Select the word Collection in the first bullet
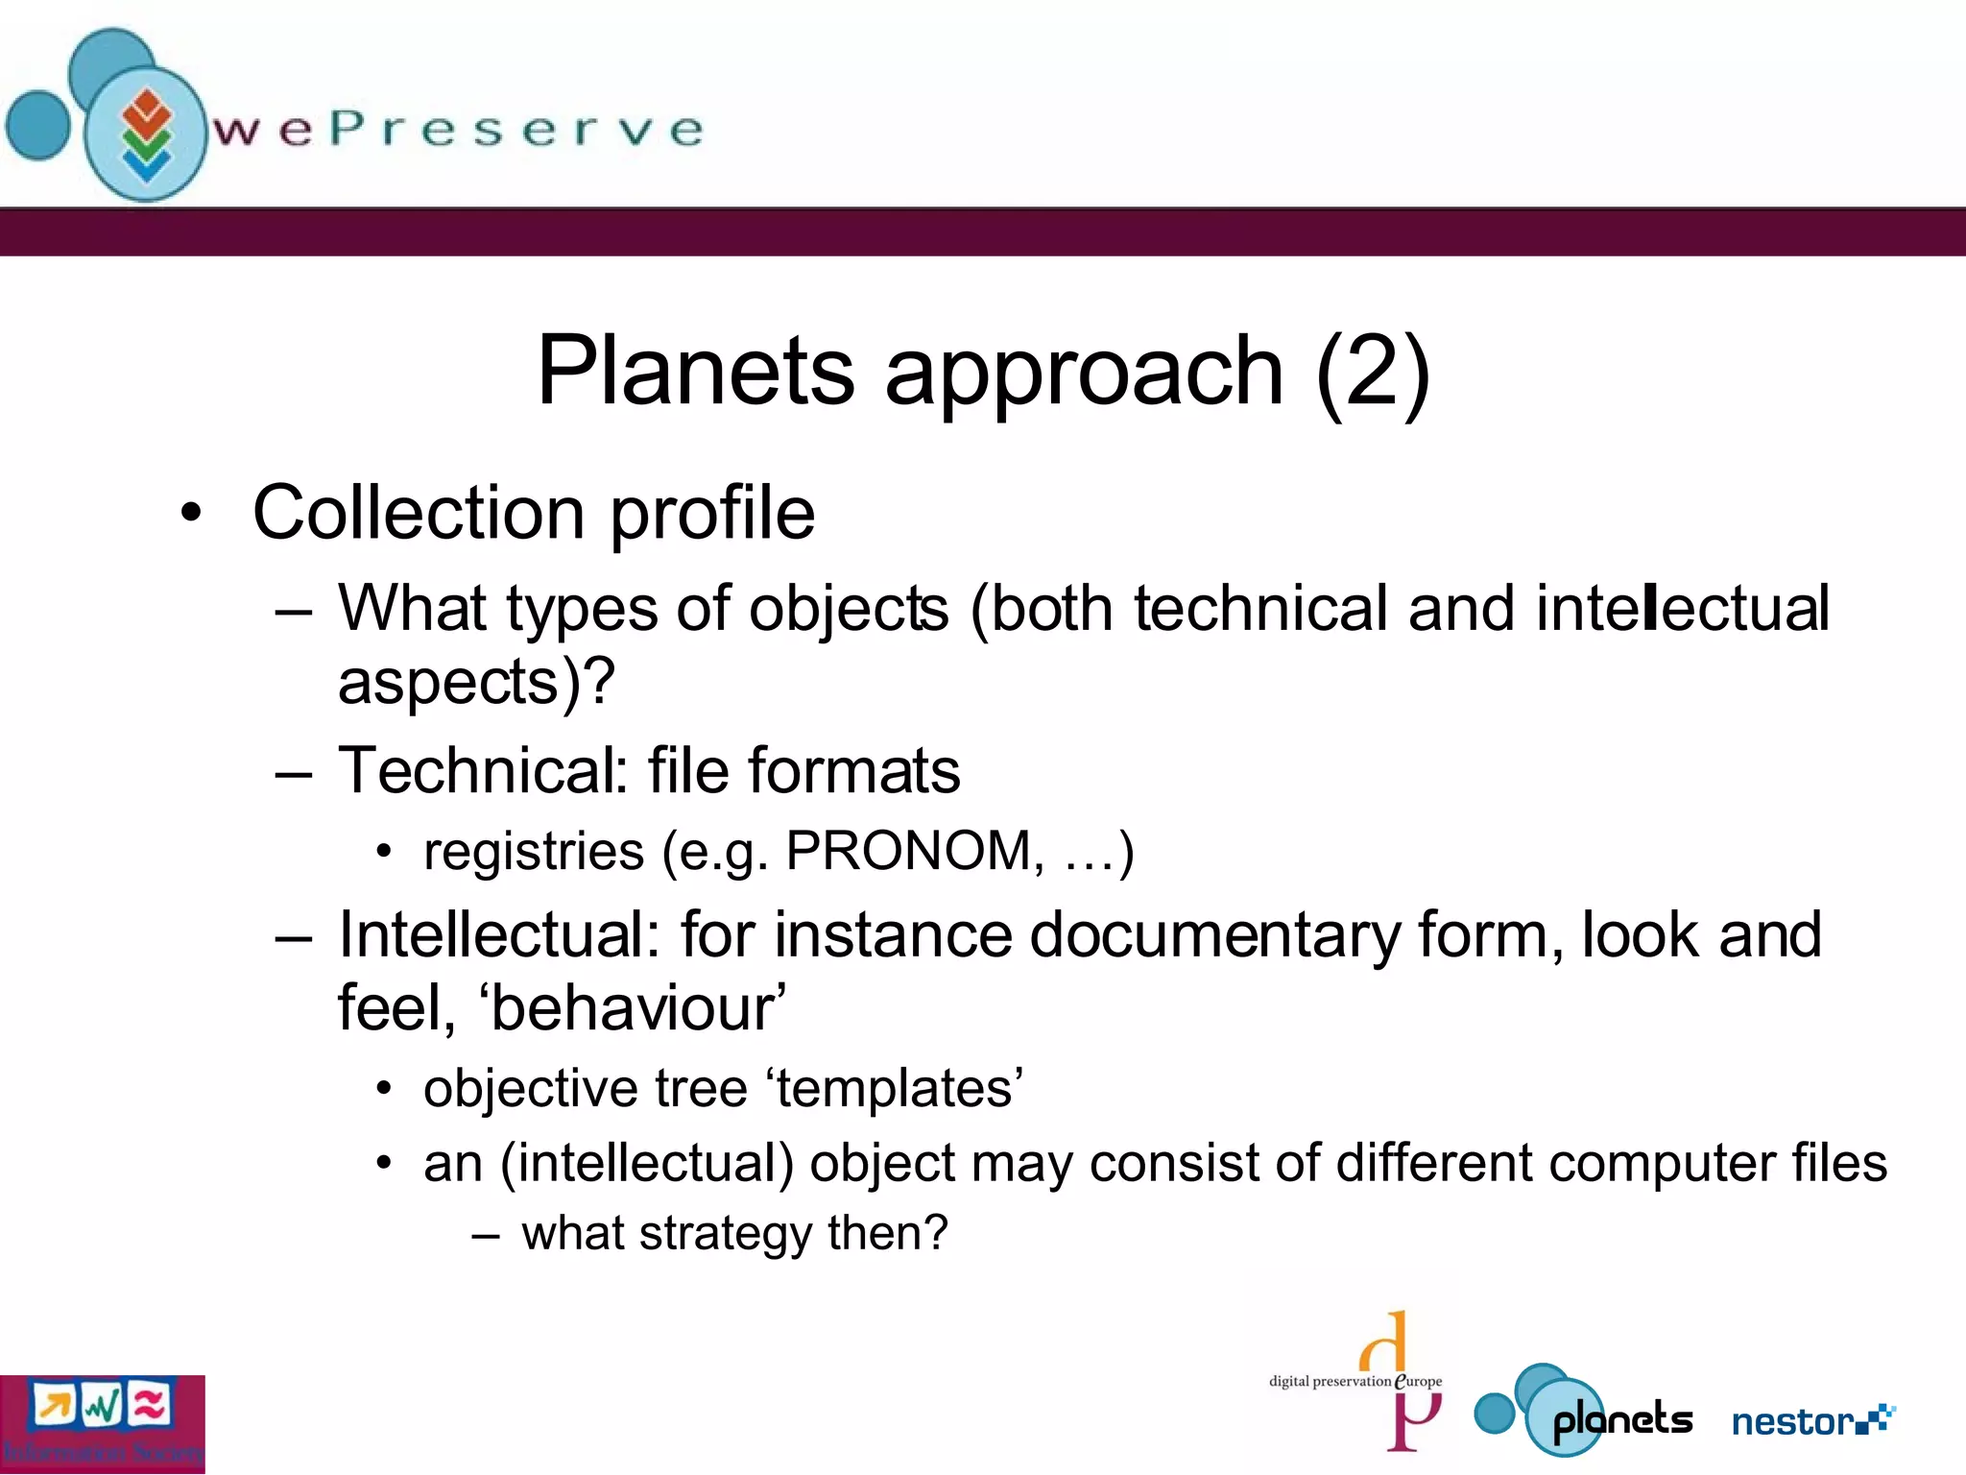419,513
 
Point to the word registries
534,852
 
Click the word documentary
1214,935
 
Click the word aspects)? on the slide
476,683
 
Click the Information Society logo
102,1424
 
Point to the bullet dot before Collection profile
192,514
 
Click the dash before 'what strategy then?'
486,1235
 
